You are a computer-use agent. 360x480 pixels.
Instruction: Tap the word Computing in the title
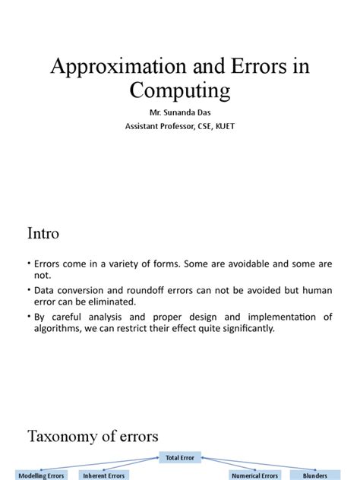(x=179, y=92)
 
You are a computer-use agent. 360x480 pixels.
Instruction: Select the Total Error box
(x=179, y=457)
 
